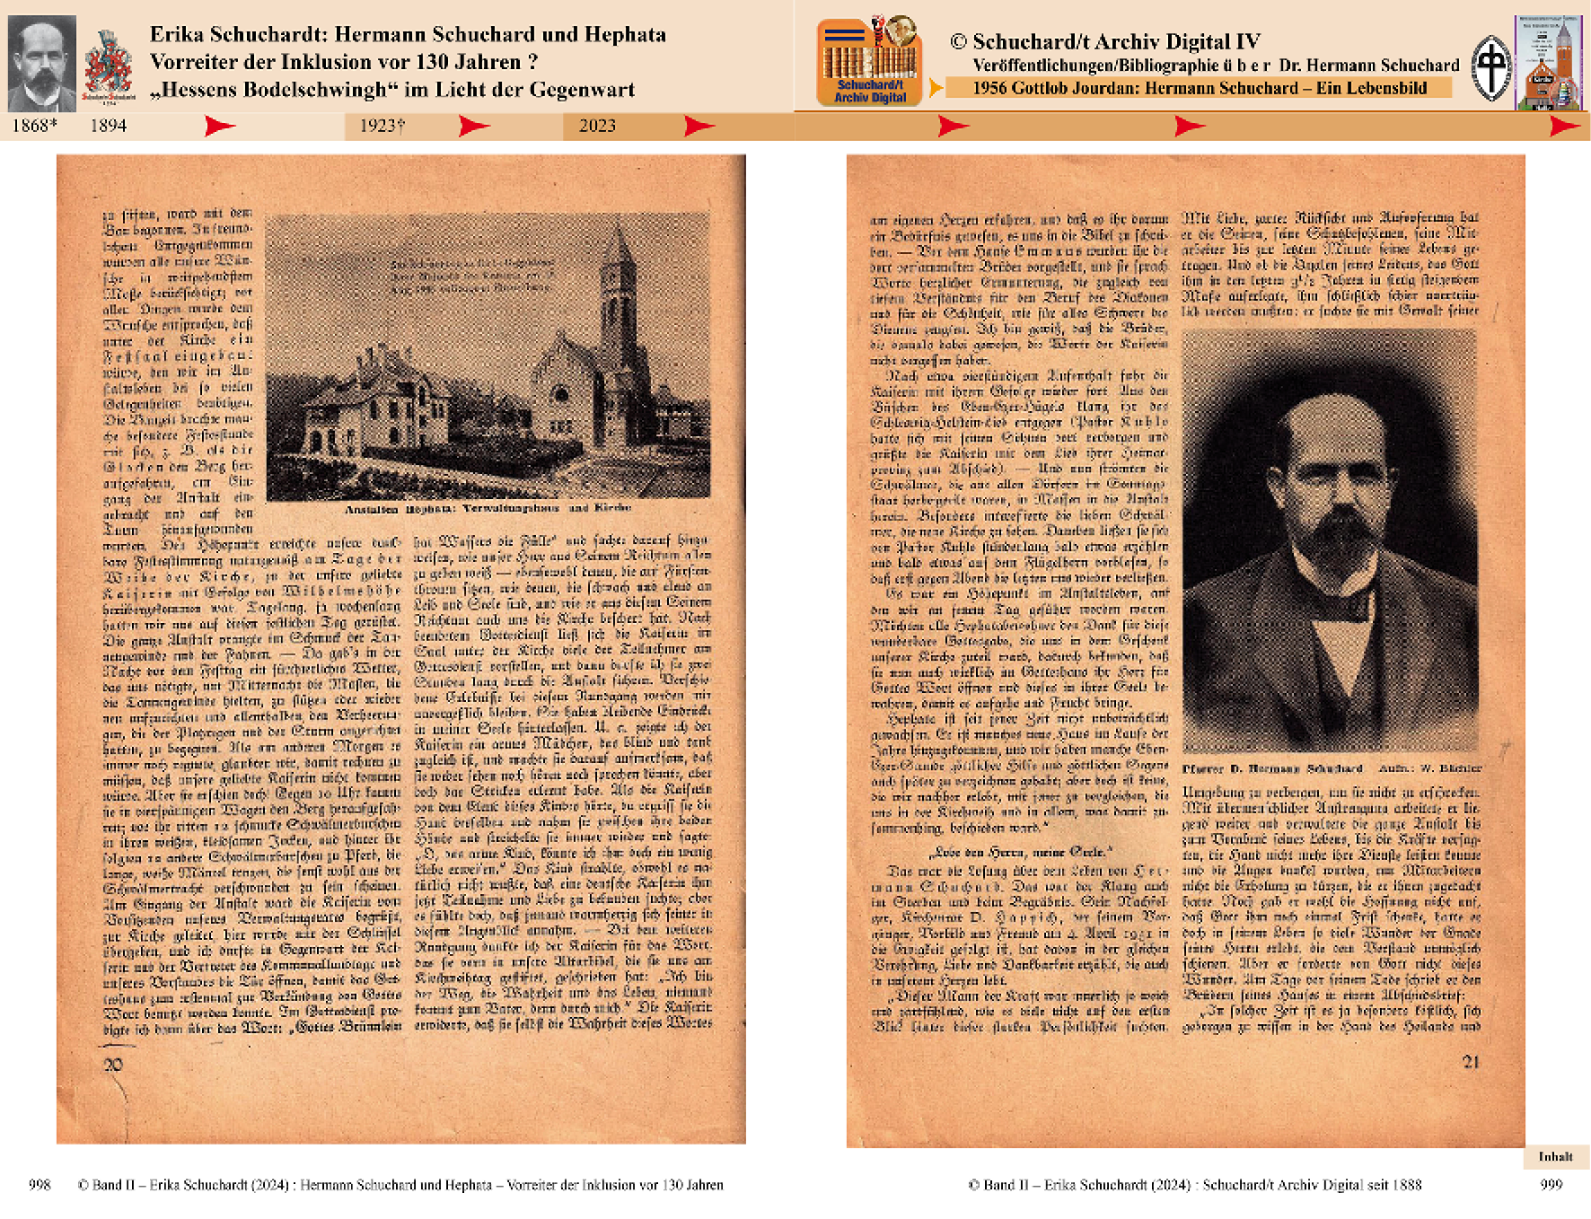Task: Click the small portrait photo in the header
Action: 41,63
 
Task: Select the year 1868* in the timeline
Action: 34,126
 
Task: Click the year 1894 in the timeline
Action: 108,126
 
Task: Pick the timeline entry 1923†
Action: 382,126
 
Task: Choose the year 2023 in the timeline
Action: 597,126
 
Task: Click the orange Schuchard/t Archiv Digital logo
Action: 869,62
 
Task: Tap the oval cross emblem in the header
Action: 1491,67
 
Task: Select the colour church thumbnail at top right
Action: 1548,63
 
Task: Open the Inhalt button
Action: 1555,1156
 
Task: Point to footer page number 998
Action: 40,1185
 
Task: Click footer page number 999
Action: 1551,1185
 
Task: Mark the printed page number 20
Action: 113,1065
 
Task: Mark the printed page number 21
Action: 1471,1062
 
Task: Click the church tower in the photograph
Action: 618,287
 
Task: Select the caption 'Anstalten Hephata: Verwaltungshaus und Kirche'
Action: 488,508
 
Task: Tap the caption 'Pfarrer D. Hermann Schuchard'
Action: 1272,768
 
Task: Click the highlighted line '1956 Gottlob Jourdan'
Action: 1199,88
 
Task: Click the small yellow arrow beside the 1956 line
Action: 935,88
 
